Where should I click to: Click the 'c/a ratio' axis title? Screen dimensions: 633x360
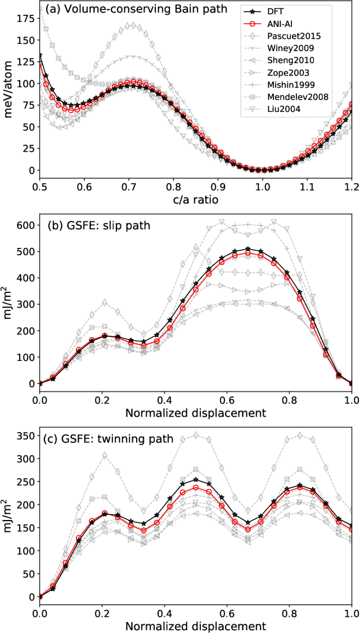coord(196,198)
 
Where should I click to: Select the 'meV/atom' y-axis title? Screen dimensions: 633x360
coord(8,91)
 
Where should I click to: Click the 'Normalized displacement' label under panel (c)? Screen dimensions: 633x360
coord(196,625)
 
